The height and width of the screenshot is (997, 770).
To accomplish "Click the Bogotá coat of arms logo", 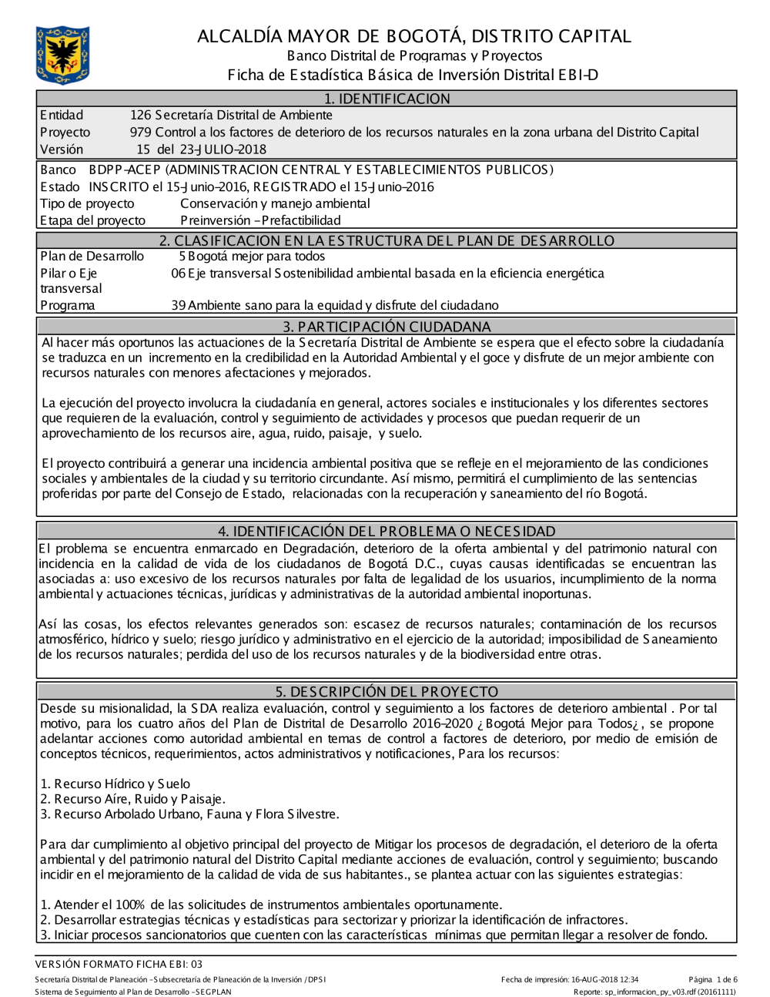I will (x=62, y=55).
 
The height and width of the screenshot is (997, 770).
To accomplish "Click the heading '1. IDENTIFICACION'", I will (x=387, y=99).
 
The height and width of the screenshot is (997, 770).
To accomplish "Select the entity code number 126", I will (x=141, y=116).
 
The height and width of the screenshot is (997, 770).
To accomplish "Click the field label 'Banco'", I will (x=58, y=170).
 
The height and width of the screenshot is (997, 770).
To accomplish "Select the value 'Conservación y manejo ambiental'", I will (x=275, y=203).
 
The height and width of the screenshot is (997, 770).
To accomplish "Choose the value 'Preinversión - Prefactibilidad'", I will (x=260, y=220).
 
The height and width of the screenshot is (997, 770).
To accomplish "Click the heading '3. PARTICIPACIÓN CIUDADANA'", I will (x=387, y=327).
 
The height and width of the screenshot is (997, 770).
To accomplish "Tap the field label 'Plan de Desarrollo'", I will (x=92, y=257).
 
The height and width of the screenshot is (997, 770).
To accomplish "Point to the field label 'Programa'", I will (x=68, y=305).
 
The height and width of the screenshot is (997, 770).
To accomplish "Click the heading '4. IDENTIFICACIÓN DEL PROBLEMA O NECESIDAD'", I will (x=387, y=532).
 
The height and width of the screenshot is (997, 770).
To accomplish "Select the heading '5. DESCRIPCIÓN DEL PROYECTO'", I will (x=387, y=692).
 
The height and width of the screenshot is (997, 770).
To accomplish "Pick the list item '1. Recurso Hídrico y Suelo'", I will (x=115, y=784).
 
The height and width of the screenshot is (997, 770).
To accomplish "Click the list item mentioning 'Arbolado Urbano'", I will (x=189, y=814).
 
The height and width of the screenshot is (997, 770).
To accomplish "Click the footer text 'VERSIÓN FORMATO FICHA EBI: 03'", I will (x=119, y=964).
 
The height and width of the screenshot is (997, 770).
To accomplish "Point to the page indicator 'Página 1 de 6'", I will (x=713, y=980).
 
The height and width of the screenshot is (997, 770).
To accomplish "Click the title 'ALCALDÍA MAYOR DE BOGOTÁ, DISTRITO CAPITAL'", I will (x=413, y=36).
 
